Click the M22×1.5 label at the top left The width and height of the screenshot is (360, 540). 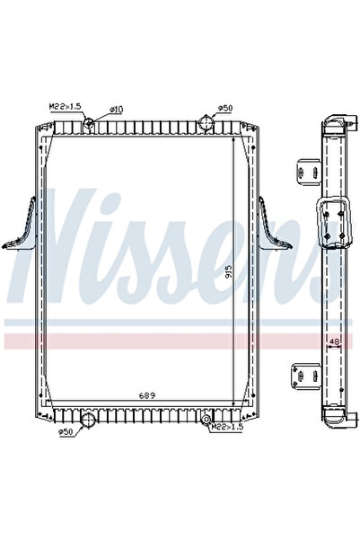tap(66, 106)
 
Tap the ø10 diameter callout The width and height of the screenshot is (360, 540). tap(116, 109)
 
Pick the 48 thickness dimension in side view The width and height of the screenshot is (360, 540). tap(333, 342)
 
